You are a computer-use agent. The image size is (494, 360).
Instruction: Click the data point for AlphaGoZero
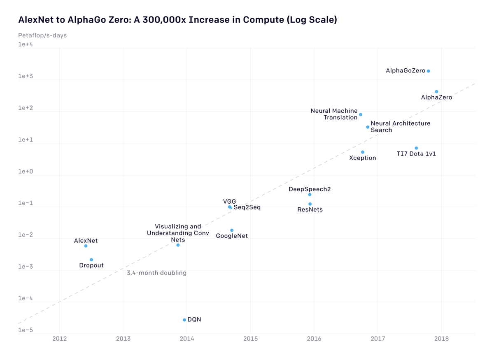click(x=428, y=71)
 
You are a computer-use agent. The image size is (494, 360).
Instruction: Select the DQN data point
click(x=184, y=320)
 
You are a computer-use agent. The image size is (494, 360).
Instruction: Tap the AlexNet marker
click(x=86, y=246)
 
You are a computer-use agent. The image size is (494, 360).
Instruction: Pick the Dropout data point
click(x=91, y=260)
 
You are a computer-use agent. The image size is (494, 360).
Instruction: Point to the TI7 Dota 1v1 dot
click(x=416, y=148)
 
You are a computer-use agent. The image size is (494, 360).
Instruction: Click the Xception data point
click(x=363, y=152)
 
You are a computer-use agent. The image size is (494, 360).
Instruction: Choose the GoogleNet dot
click(x=232, y=230)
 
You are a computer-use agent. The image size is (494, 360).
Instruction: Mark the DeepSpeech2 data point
click(x=310, y=195)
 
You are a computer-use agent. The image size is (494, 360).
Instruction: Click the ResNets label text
click(x=310, y=210)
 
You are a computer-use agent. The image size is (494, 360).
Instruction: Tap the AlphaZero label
click(x=436, y=98)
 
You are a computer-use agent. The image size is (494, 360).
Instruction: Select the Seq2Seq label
click(x=247, y=207)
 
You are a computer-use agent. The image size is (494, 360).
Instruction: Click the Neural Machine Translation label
click(x=334, y=114)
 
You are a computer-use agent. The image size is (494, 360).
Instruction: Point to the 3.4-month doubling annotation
click(x=156, y=273)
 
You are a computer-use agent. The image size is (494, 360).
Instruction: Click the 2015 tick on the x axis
click(x=250, y=339)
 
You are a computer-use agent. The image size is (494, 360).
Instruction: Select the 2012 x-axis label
click(x=60, y=339)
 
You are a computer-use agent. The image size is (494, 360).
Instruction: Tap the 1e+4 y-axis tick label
click(x=26, y=44)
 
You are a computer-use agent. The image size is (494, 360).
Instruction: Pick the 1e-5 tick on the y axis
click(x=26, y=330)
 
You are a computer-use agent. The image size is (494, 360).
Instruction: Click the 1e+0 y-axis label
click(x=26, y=171)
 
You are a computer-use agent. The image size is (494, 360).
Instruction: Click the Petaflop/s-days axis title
click(x=42, y=35)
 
